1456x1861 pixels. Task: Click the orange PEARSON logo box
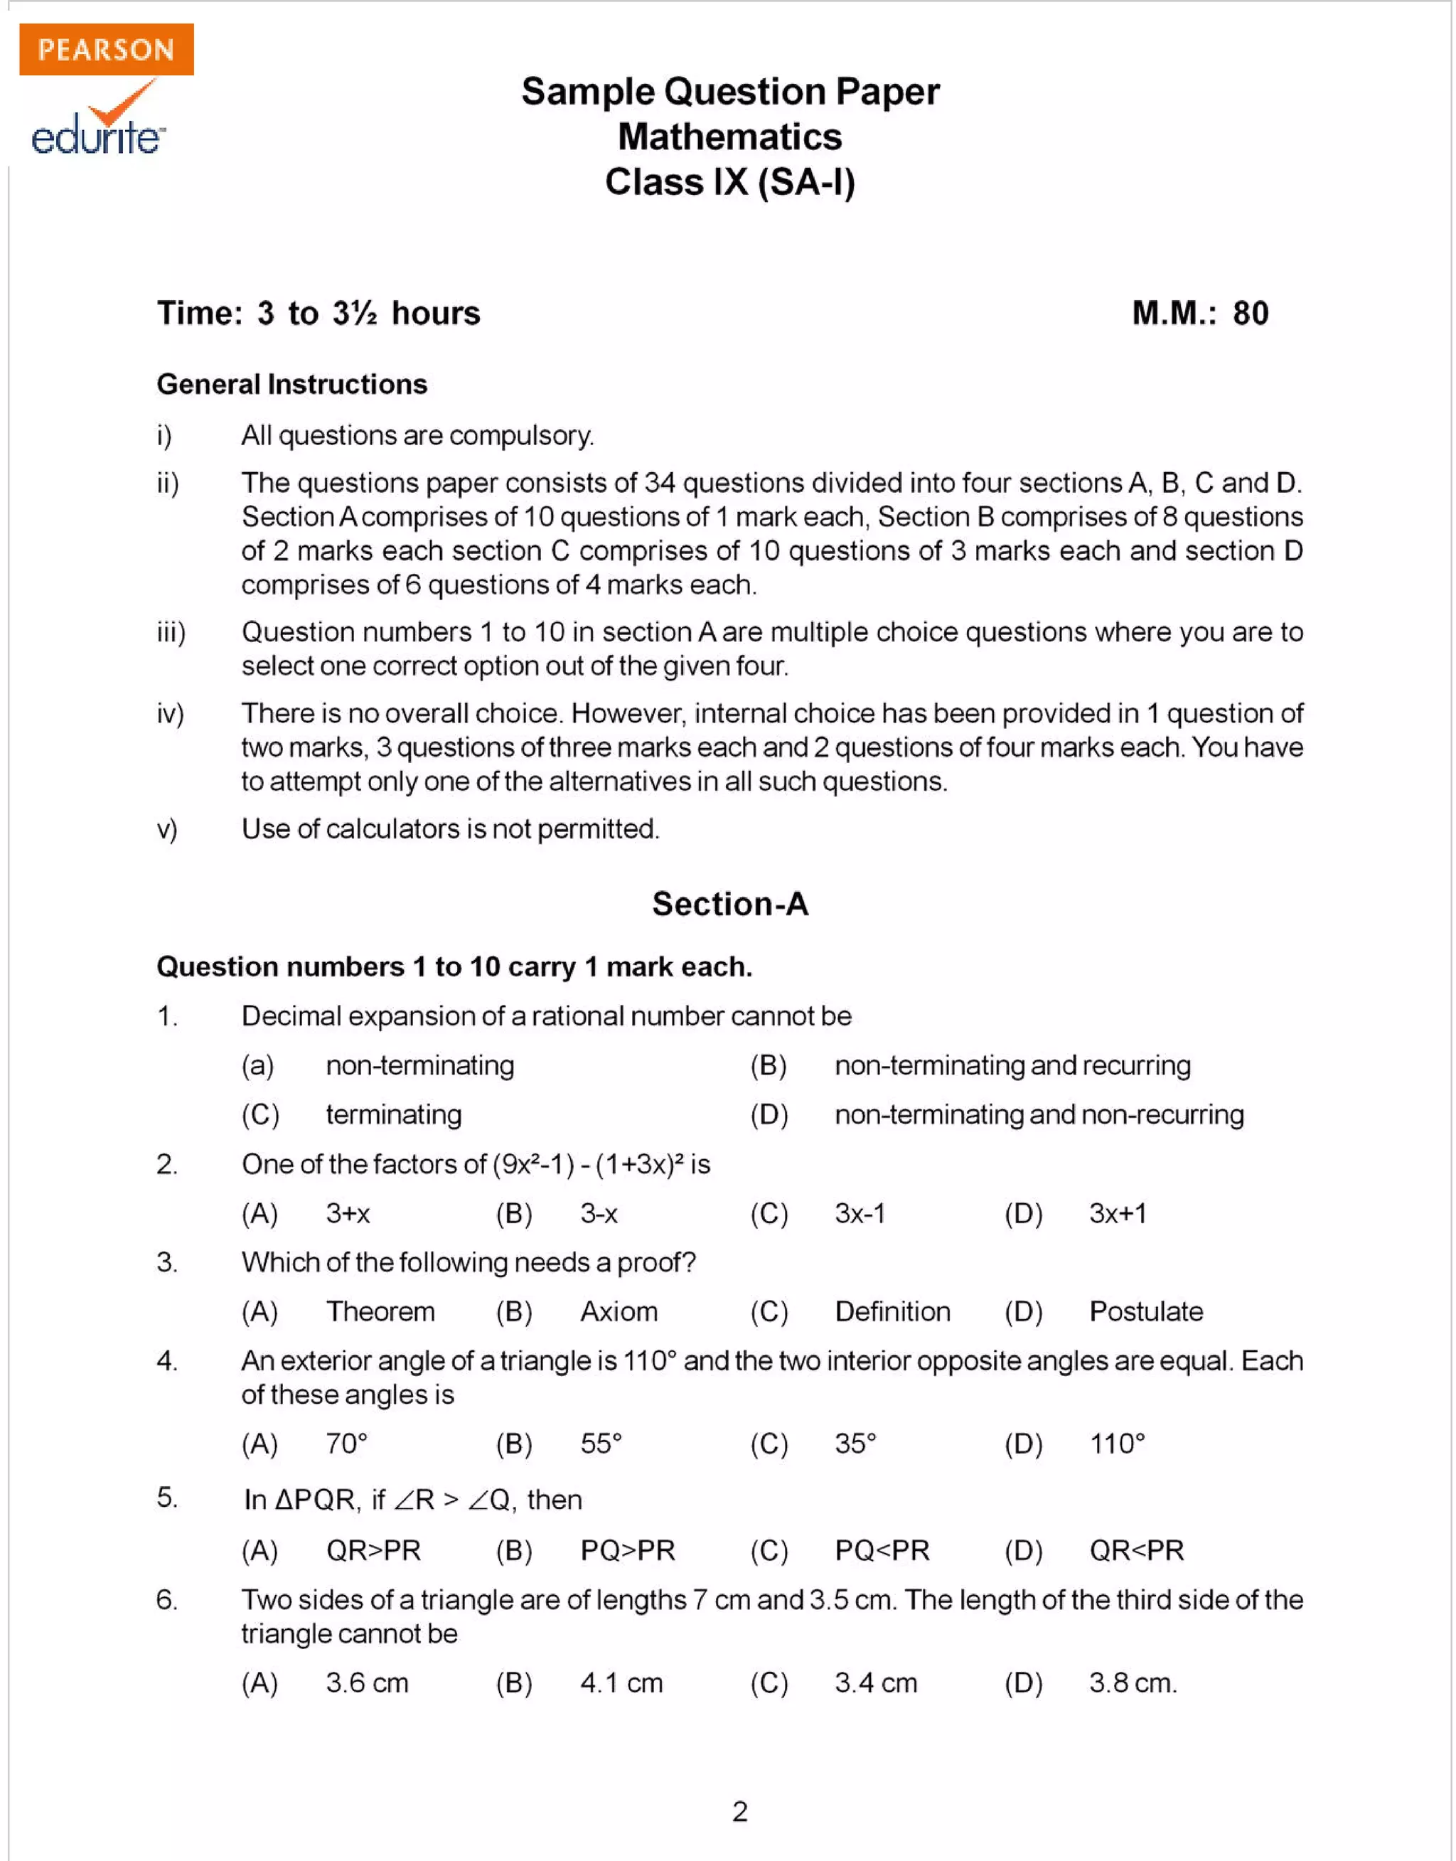coord(106,50)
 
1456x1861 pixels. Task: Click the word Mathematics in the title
coord(729,137)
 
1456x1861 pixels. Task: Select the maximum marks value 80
coord(1250,313)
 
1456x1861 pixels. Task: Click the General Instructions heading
coord(291,385)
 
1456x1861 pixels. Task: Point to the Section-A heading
coord(729,904)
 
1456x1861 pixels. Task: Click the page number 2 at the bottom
coord(739,1811)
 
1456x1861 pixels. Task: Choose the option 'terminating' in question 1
coord(393,1114)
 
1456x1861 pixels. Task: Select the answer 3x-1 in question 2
coord(860,1213)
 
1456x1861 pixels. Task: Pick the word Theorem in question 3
coord(380,1311)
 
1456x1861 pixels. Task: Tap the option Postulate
coord(1146,1311)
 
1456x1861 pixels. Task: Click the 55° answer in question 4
coord(601,1444)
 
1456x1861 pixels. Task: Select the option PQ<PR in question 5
coord(882,1550)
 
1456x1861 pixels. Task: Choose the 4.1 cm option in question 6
coord(621,1683)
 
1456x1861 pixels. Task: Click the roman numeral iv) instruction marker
coord(170,713)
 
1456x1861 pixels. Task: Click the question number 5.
coord(166,1498)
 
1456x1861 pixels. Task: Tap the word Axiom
coord(619,1311)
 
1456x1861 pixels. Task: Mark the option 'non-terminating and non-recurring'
coord(1038,1114)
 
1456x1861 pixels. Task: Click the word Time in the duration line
coord(198,313)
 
